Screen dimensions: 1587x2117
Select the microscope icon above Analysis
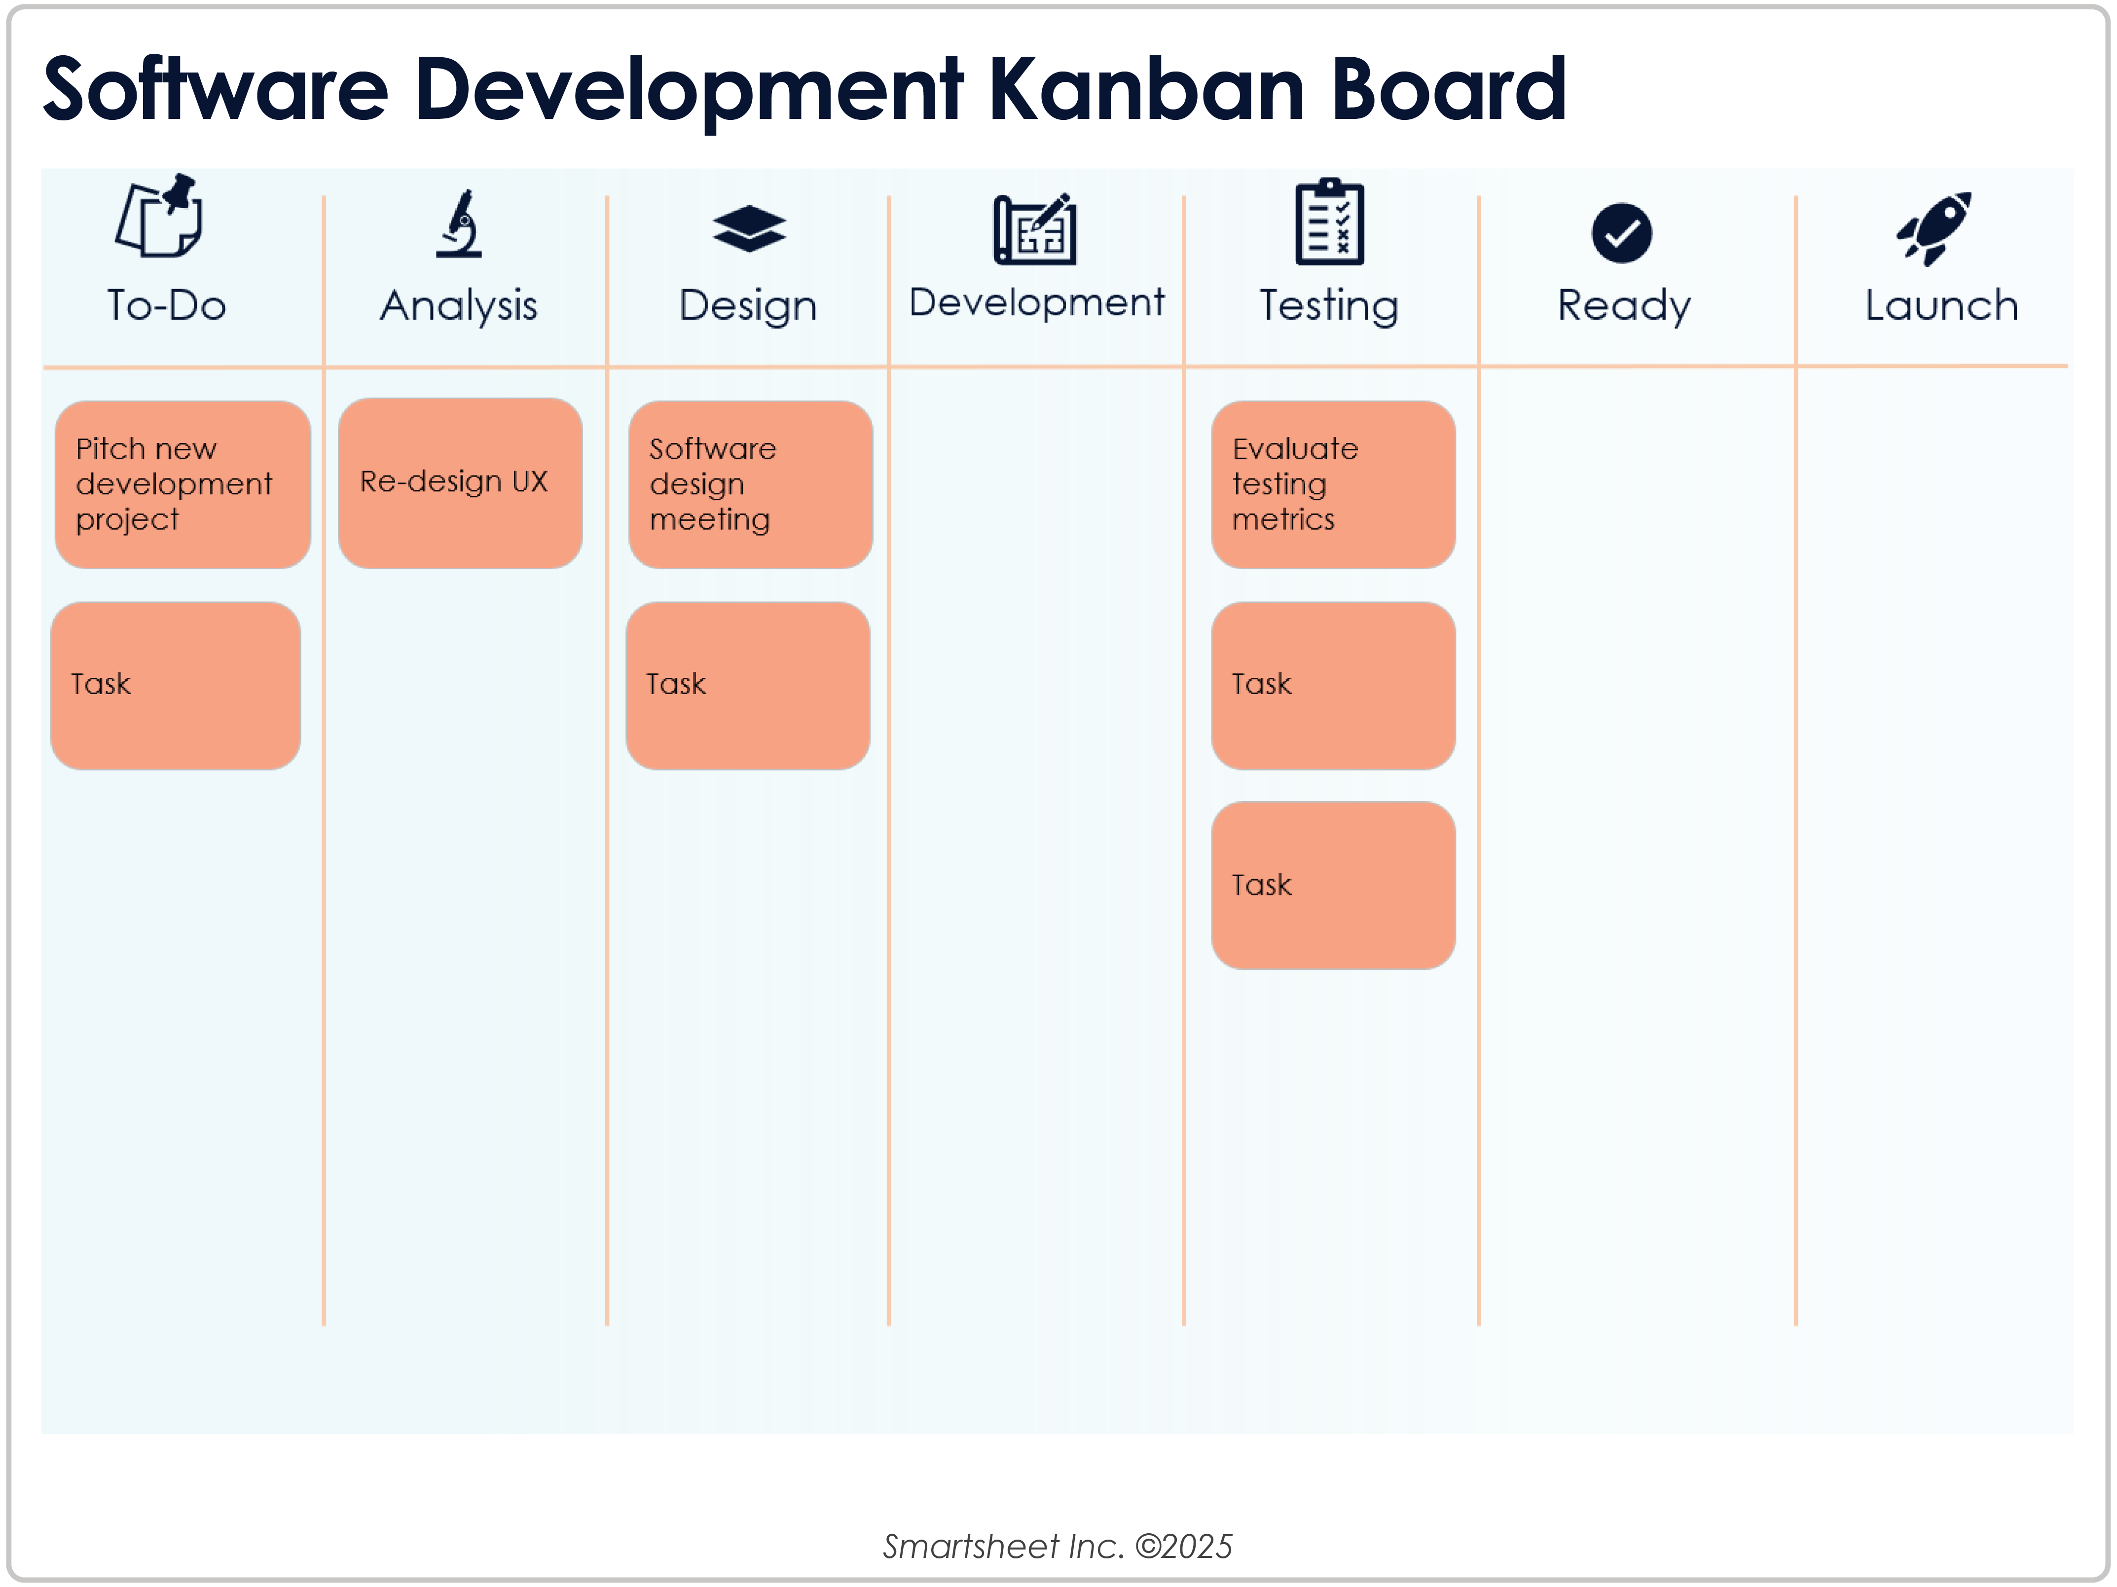(459, 225)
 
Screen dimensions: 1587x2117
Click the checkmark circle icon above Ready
(1621, 232)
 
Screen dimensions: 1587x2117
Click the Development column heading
(1036, 302)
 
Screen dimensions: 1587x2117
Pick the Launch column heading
(1941, 305)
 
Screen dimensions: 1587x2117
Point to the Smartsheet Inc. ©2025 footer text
(1058, 1546)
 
